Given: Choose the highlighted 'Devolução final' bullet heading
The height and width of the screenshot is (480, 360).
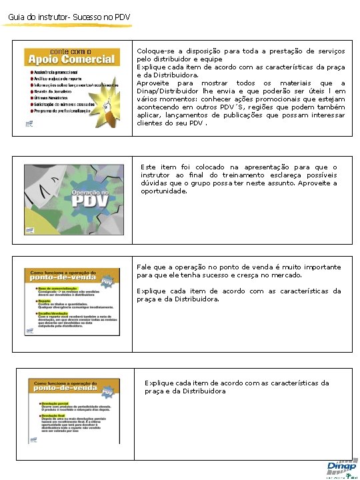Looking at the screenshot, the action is pyautogui.click(x=53, y=417).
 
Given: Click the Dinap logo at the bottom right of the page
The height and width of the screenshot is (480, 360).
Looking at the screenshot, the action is pyautogui.click(x=341, y=467).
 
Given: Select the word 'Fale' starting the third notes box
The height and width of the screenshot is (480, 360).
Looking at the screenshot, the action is pyautogui.click(x=143, y=267).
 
